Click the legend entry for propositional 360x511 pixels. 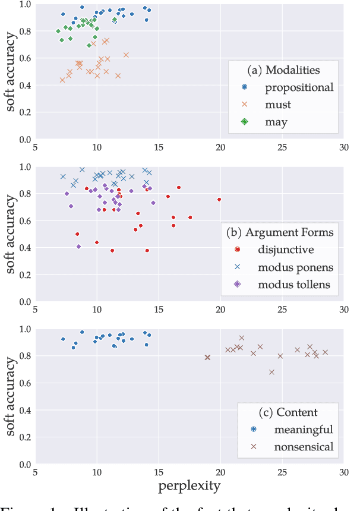click(299, 87)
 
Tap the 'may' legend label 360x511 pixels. click(276, 122)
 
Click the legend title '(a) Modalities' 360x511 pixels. click(283, 70)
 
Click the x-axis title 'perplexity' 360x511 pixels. click(189, 487)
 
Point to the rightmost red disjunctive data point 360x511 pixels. click(219, 200)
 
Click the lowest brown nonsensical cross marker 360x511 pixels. click(271, 372)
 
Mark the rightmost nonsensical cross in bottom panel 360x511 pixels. click(325, 352)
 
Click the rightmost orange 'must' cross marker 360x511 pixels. click(126, 55)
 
